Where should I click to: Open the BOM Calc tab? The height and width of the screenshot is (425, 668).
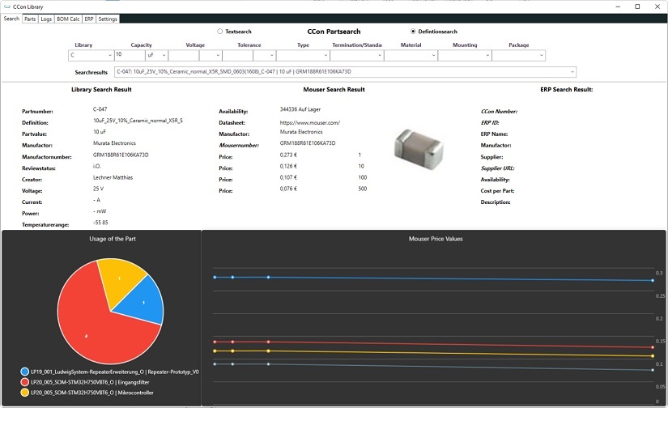point(68,19)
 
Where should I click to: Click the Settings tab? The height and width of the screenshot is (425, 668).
point(108,19)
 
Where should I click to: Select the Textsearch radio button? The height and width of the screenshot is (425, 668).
point(219,32)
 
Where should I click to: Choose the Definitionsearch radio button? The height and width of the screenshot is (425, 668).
point(413,32)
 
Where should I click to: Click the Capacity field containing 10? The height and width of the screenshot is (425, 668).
point(128,56)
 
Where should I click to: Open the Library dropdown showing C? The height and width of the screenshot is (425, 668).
point(91,56)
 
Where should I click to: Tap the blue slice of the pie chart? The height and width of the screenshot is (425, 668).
point(142,303)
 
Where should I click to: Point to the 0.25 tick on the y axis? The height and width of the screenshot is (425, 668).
point(660,296)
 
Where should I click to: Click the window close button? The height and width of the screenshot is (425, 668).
point(657,6)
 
